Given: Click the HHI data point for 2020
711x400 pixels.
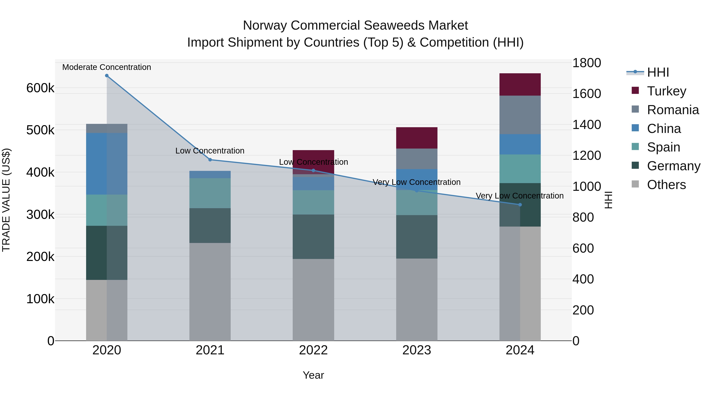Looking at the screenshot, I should click(x=107, y=76).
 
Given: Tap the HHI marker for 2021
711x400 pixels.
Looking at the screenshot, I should click(x=210, y=160).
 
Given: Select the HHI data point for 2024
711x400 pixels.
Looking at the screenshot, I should click(x=520, y=205).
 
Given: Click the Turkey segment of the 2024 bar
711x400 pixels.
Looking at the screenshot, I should click(x=520, y=85).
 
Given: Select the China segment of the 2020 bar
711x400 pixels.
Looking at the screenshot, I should click(x=107, y=164).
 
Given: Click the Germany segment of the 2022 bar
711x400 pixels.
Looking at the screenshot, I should click(x=313, y=237).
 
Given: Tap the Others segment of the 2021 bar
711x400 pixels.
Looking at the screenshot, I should click(x=210, y=292).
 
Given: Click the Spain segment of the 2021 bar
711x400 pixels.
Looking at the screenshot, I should click(x=210, y=193).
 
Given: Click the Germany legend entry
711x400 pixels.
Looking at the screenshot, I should click(x=673, y=166).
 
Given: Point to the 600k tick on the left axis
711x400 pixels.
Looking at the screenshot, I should click(x=40, y=88).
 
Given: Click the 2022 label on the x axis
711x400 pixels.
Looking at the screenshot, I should click(x=313, y=350).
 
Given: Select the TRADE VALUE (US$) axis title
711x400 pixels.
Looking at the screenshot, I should click(x=6, y=200).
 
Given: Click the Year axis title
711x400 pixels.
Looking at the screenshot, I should click(x=313, y=375).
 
